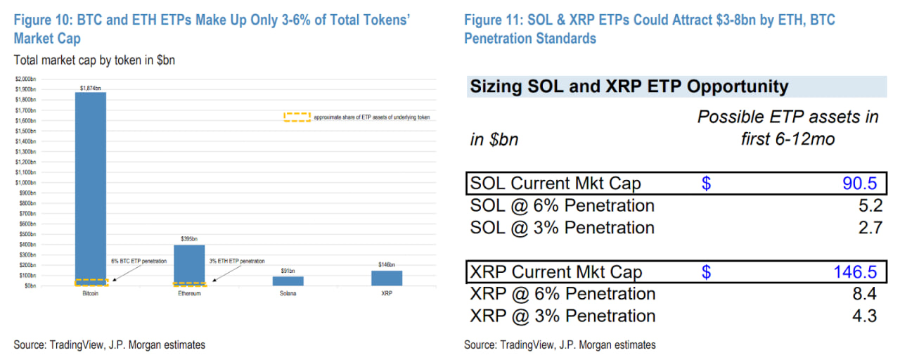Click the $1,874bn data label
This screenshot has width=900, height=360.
coord(91,89)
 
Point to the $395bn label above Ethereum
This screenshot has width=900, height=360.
coord(189,240)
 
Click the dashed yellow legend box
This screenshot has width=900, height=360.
coord(297,117)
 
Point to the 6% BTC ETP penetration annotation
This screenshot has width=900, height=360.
coord(139,261)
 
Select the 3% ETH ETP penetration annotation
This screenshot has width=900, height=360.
coord(237,261)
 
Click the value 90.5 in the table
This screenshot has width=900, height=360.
coord(860,184)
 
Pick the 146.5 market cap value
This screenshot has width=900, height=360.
coord(855,272)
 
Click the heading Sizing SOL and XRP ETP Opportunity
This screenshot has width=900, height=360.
coord(629,86)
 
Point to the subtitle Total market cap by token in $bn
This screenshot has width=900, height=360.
coord(94,60)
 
